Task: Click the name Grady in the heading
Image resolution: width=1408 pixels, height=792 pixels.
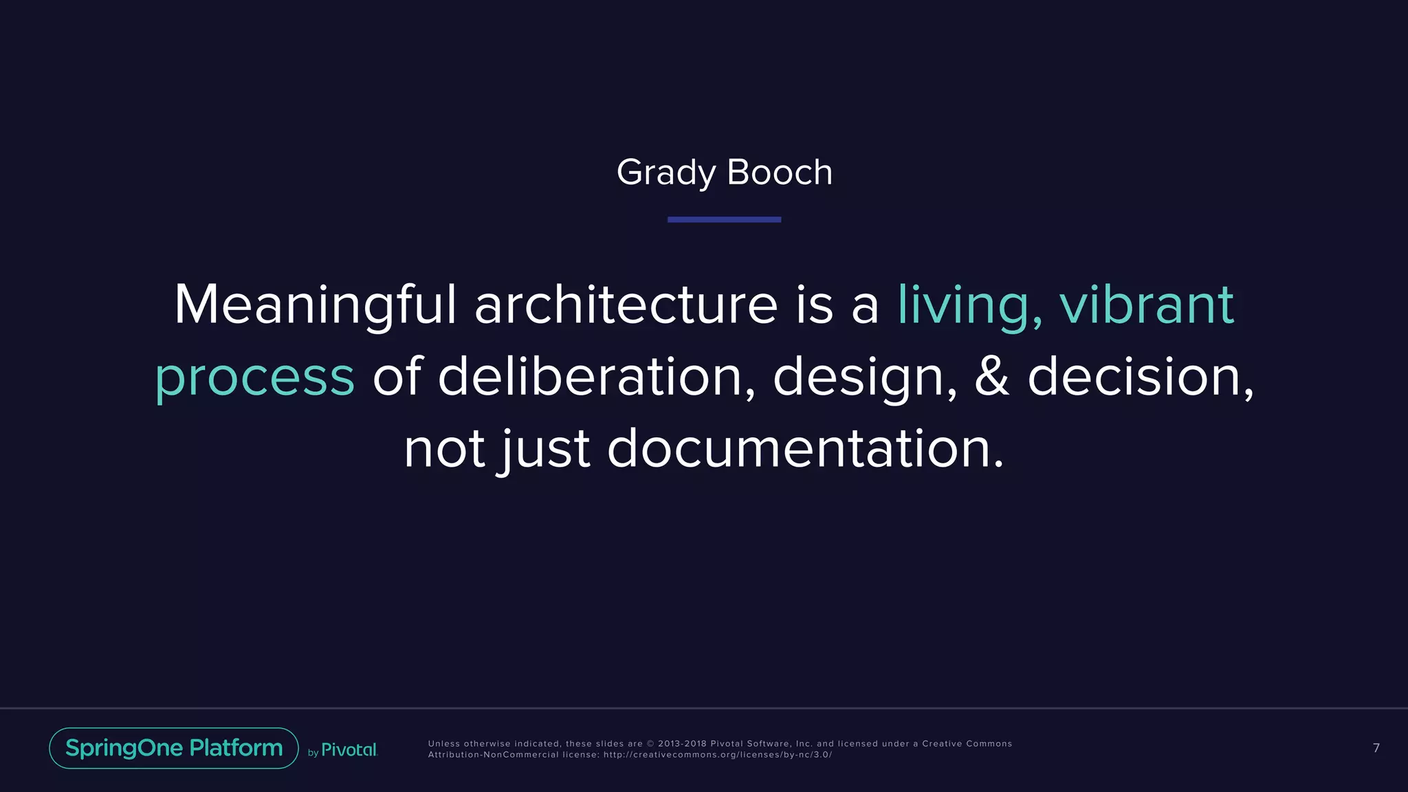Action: tap(665, 173)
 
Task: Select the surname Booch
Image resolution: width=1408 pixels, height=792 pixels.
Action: tap(779, 173)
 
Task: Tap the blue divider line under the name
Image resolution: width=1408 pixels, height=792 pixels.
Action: tap(724, 219)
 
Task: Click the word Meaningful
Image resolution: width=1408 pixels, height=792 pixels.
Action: tap(315, 305)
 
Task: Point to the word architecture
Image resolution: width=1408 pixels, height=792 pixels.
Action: tap(626, 305)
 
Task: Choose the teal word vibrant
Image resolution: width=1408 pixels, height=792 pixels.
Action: tap(1146, 305)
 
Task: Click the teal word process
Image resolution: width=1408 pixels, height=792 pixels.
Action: tap(254, 377)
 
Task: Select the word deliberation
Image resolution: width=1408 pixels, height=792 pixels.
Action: tap(596, 377)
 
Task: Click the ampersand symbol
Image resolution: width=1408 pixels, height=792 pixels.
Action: tap(992, 377)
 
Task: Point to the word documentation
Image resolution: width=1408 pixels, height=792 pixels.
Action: tap(805, 449)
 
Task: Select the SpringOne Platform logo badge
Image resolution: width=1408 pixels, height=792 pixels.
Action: tap(174, 748)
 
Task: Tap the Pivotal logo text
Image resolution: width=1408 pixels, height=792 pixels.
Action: tap(349, 750)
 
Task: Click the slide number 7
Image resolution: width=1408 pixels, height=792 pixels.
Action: tap(1376, 748)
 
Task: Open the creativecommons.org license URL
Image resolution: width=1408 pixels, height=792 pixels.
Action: tap(717, 755)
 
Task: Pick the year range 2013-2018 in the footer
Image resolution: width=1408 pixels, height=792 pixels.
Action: tap(682, 744)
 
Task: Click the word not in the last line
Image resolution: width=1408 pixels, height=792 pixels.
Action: tap(444, 449)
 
